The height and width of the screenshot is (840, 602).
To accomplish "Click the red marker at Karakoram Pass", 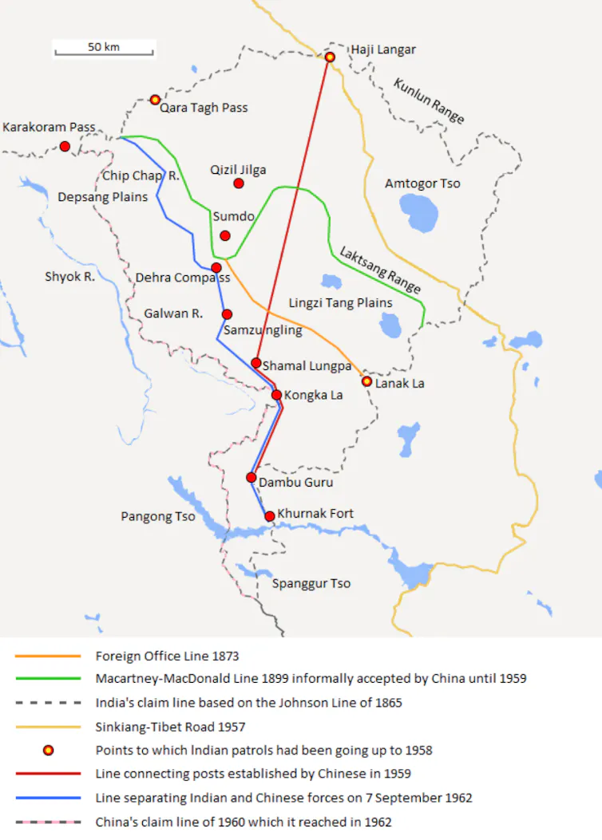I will [x=65, y=146].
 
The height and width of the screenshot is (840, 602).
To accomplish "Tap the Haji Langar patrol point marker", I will [x=330, y=57].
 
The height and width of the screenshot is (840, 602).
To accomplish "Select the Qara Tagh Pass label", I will [x=204, y=108].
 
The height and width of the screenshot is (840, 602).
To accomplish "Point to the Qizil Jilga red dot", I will [x=238, y=183].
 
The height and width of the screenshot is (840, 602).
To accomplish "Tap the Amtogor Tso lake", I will [x=419, y=212].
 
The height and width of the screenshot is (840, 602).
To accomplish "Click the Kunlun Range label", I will [x=429, y=101].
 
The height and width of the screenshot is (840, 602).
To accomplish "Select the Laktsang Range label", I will [x=379, y=270].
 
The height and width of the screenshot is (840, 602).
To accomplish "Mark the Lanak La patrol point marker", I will [x=366, y=381].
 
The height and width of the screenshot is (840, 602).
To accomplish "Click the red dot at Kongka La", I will [x=276, y=395].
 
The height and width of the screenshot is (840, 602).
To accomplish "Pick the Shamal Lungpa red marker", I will [x=256, y=363].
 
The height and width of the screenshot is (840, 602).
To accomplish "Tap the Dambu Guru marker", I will [x=251, y=478].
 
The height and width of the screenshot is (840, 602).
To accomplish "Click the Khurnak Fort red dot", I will [x=270, y=516].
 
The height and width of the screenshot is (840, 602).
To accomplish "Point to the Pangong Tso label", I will [x=158, y=517].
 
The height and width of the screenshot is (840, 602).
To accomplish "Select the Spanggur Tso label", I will [x=311, y=583].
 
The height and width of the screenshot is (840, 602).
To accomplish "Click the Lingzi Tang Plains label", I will [x=340, y=303].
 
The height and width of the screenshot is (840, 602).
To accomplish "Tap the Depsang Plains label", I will [x=103, y=196].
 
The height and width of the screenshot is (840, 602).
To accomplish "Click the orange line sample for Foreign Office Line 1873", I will [x=48, y=656].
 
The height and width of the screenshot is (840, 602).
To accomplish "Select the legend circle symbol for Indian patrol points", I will [x=48, y=750].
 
